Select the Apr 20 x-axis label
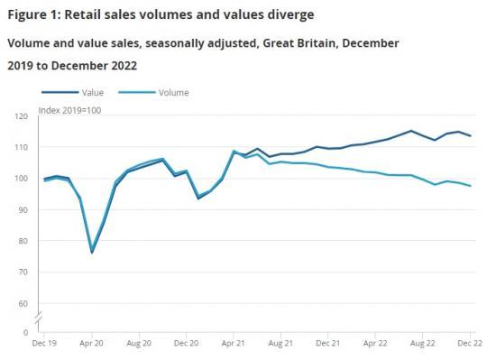(91, 345)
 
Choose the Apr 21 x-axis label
(234, 345)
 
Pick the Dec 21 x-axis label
(327, 345)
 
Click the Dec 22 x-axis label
(470, 345)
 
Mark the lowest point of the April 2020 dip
(92, 252)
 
